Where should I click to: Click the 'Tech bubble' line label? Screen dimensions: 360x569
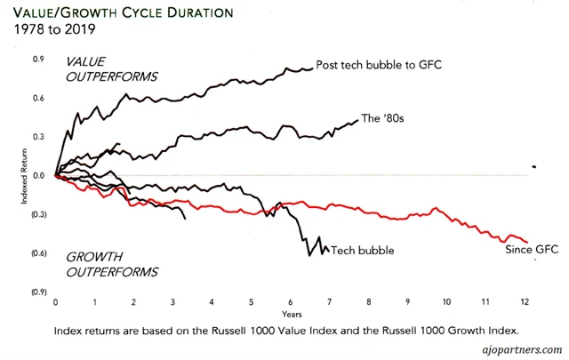click(362, 251)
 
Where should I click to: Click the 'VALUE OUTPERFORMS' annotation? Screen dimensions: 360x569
click(113, 68)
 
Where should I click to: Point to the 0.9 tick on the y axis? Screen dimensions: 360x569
click(38, 59)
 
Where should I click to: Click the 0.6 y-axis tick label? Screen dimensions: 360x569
click(38, 98)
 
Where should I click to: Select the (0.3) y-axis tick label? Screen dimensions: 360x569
click(38, 215)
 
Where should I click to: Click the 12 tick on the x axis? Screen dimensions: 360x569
click(526, 302)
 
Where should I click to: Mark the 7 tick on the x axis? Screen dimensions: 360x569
click(330, 302)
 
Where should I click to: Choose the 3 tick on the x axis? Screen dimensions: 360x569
click(172, 302)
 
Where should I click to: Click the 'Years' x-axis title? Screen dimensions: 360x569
click(291, 314)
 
